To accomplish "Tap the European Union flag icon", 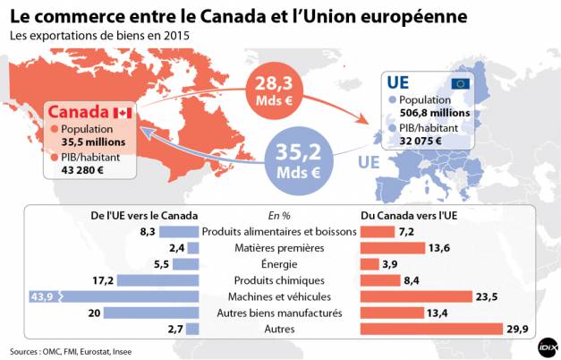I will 461,83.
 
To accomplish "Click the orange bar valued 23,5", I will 415,296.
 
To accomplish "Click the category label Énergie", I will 280,264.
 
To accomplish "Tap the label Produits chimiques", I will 280,280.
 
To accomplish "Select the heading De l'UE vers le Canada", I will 145,216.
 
